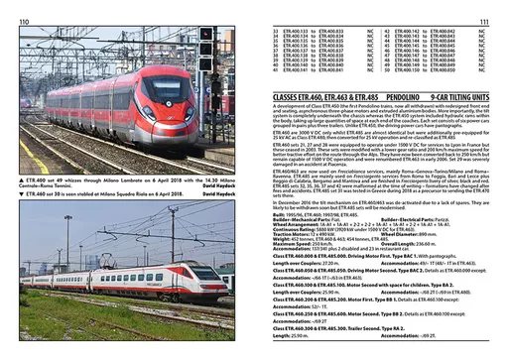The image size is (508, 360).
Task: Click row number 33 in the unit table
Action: pyautogui.click(x=275, y=32)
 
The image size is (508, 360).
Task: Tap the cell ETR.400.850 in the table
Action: pyautogui.click(x=442, y=70)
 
